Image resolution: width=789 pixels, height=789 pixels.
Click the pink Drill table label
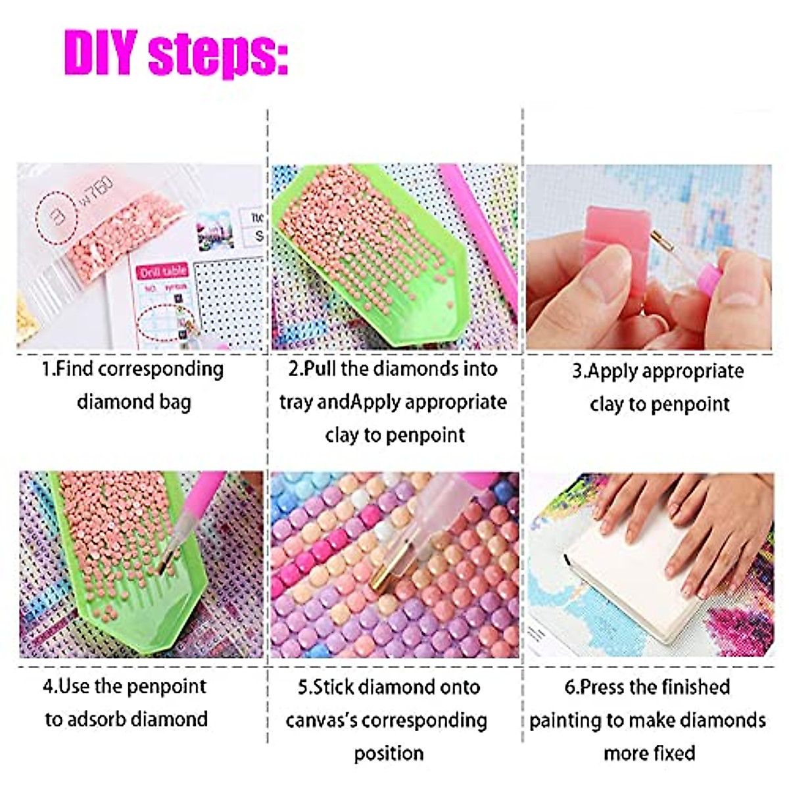[x=162, y=271]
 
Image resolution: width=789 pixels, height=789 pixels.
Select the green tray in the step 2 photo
[x=368, y=254]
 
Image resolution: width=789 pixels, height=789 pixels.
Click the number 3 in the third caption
[x=577, y=371]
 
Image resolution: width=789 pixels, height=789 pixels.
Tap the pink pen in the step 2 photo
[x=479, y=229]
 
